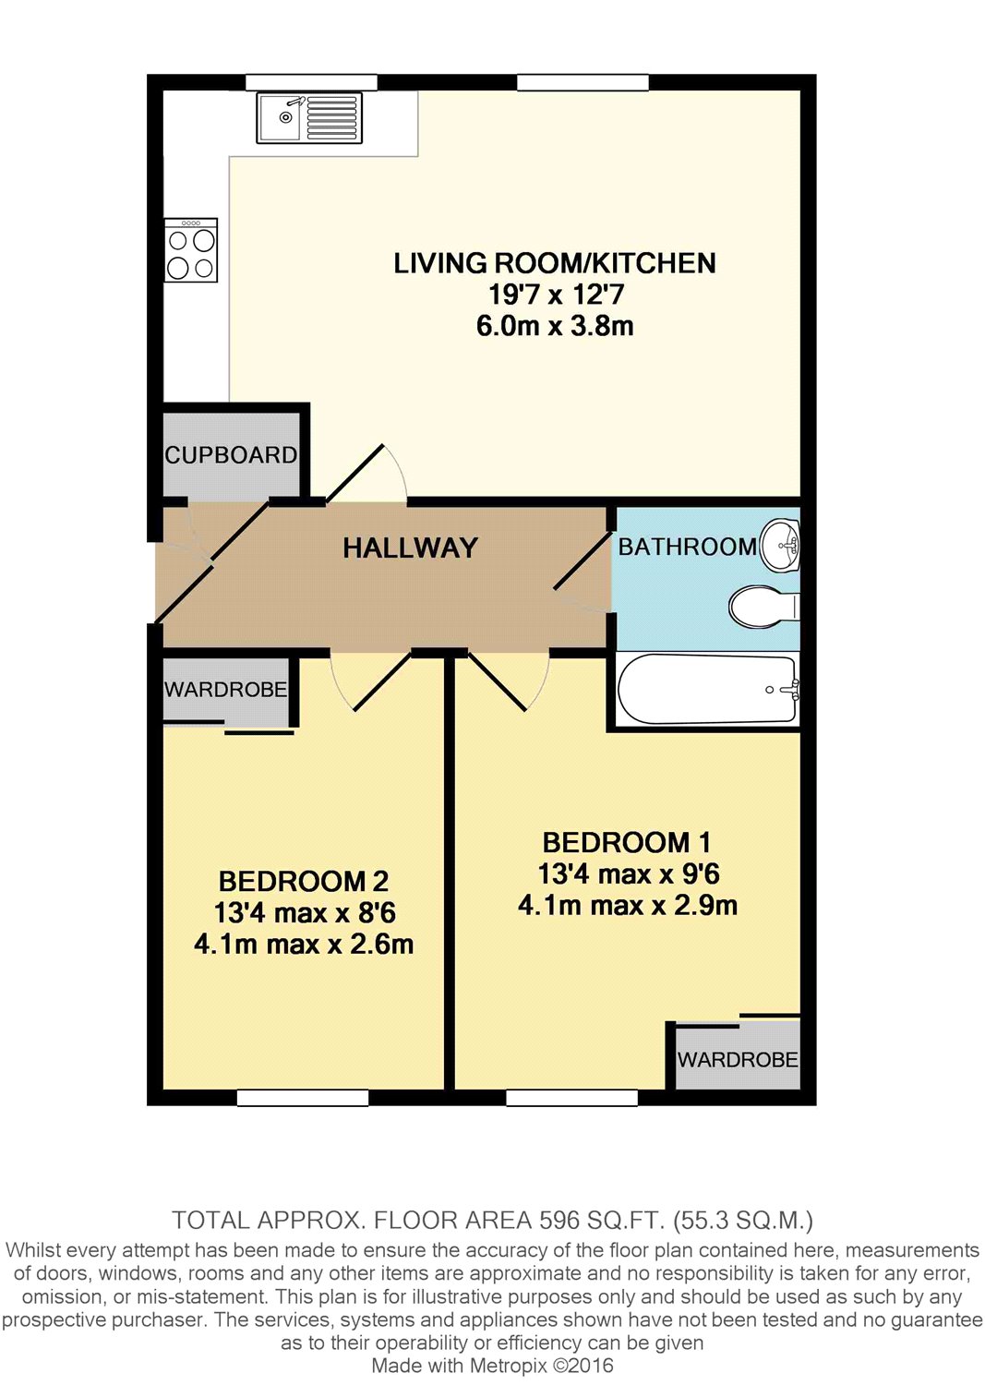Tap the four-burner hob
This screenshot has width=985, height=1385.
click(x=191, y=250)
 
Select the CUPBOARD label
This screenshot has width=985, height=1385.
click(x=232, y=456)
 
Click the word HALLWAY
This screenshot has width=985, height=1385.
click(x=411, y=548)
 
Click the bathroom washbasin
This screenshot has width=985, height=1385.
click(x=781, y=544)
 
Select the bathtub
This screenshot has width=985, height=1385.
click(x=707, y=689)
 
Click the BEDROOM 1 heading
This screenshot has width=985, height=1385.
click(x=627, y=842)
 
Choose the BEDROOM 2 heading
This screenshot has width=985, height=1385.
click(x=304, y=882)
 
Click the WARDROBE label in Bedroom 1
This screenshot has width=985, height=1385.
click(x=738, y=1060)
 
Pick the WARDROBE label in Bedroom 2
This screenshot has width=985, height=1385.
click(x=225, y=690)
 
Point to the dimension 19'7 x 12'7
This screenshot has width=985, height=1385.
click(x=555, y=295)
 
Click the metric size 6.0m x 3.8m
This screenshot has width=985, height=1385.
click(x=555, y=326)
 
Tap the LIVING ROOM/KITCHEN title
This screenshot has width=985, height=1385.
click(x=555, y=263)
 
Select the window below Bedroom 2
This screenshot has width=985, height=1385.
click(x=303, y=1098)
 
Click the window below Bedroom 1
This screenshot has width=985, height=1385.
click(x=572, y=1098)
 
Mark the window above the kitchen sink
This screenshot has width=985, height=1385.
click(x=311, y=82)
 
